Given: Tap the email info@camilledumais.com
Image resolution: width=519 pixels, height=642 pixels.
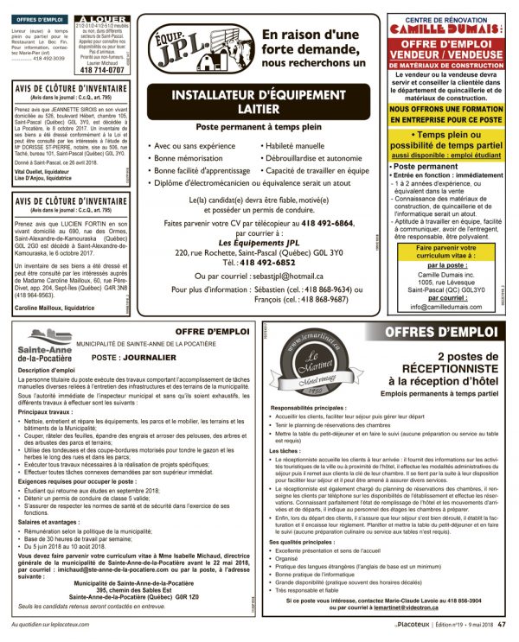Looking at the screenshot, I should (443, 306).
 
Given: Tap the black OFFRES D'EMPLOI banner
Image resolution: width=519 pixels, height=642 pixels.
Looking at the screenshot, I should (440, 333).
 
